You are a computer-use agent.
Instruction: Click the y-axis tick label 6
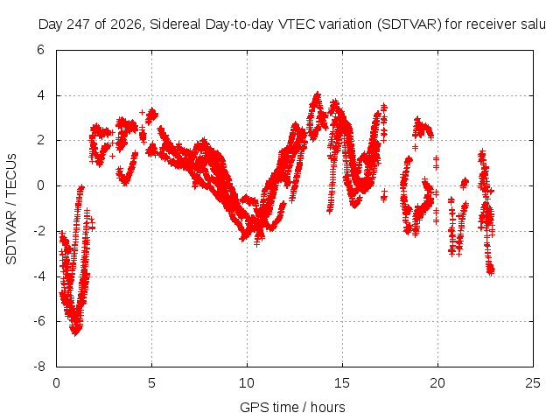[x=41, y=50]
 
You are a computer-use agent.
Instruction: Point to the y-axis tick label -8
[x=39, y=367]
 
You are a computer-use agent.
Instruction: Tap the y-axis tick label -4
[x=39, y=276]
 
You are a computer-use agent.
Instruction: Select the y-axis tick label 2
[x=41, y=140]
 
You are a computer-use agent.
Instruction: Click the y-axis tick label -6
[x=39, y=321]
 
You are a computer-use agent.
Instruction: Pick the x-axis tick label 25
[x=533, y=383]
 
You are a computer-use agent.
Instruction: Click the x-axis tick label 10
[x=247, y=383]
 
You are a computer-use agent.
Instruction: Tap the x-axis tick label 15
[x=342, y=383]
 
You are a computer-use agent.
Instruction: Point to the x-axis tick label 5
[x=151, y=383]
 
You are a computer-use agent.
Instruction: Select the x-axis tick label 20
[x=437, y=383]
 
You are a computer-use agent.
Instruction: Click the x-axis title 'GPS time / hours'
[x=292, y=407]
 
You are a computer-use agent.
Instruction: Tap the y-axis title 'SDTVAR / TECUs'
[x=11, y=209]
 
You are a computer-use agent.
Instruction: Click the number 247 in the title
[x=80, y=24]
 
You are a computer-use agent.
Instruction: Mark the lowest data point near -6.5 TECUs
[x=75, y=333]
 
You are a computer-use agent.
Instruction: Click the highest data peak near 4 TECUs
[x=317, y=94]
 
